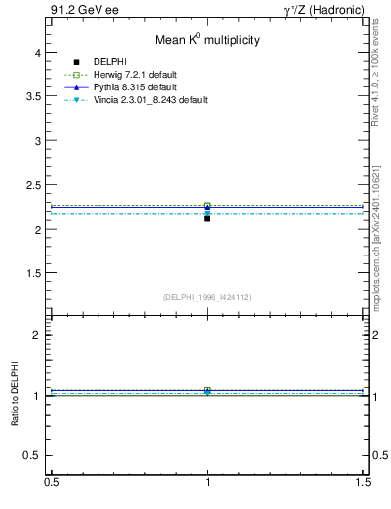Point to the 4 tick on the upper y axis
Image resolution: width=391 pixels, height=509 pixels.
point(41,52)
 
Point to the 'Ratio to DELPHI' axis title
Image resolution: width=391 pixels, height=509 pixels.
point(15,394)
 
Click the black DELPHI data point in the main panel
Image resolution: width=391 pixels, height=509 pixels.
point(207,217)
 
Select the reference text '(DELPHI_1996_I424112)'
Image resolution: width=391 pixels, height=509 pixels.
point(207,297)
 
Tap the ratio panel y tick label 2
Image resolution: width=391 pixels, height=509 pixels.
point(41,335)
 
